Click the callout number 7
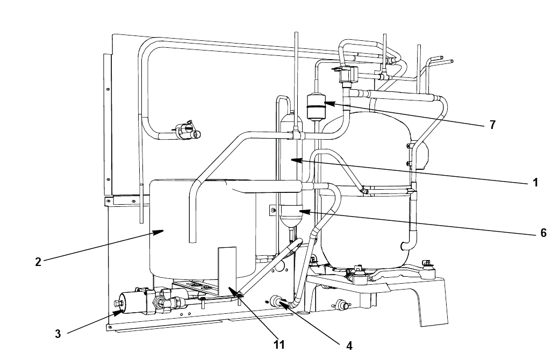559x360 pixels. tap(492, 125)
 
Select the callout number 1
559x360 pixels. tap(535, 183)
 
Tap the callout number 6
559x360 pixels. tap(543, 233)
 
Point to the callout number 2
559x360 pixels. tap(38, 262)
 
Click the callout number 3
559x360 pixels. tap(58, 334)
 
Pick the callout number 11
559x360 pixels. tap(279, 344)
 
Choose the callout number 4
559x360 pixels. tap(349, 345)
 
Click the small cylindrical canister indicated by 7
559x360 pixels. tap(315, 106)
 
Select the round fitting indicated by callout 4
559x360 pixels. tap(276, 300)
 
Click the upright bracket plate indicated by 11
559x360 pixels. tap(227, 271)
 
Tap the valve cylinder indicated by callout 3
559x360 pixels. tap(131, 303)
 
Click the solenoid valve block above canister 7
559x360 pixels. tap(347, 75)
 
